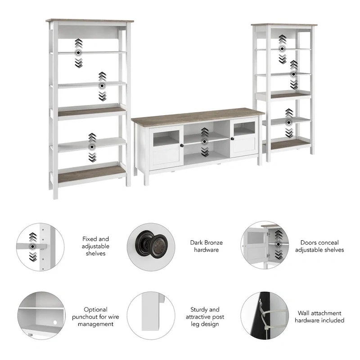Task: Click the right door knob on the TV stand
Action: tap(233, 138)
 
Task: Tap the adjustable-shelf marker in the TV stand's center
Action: tap(205, 141)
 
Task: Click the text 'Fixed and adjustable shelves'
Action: tap(95, 246)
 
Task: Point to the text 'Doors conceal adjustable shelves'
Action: tap(319, 246)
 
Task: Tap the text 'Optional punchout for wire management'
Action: tap(95, 317)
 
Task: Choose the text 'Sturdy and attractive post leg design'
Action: tap(205, 317)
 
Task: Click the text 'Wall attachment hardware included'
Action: tap(319, 317)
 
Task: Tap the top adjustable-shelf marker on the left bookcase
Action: tap(79, 53)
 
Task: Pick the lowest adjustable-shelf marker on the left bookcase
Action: tap(92, 146)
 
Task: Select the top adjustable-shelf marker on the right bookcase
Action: tap(282, 49)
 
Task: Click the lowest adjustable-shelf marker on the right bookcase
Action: tap(288, 121)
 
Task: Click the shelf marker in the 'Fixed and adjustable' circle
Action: tap(32, 246)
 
